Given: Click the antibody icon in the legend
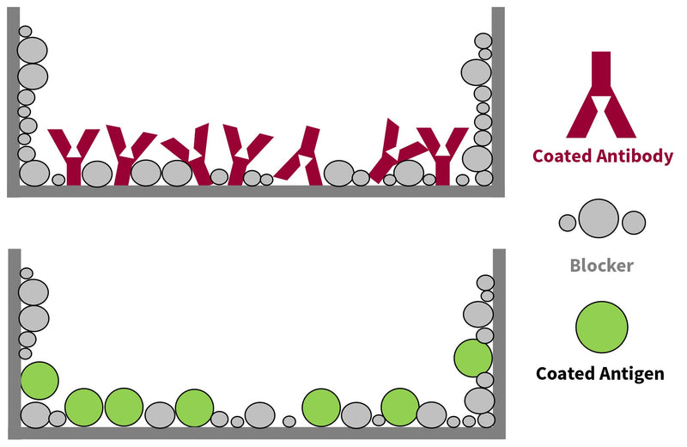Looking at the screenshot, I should [x=601, y=99].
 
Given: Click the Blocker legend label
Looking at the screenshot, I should [x=601, y=265].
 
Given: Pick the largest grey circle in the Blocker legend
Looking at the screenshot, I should [x=599, y=218].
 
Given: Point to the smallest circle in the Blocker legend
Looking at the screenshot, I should [x=568, y=223].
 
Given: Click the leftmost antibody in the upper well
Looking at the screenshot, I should [x=73, y=155].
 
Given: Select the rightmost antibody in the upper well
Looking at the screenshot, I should [x=444, y=155].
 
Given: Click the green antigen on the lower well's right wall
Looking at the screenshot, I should [x=472, y=358].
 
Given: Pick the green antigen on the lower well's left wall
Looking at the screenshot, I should [x=39, y=380].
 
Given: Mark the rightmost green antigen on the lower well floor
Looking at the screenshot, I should [x=399, y=407].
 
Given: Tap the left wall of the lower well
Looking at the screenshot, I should [x=14, y=344].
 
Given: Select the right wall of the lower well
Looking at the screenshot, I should [x=499, y=344].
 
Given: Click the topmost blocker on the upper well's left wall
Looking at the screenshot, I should [x=26, y=32].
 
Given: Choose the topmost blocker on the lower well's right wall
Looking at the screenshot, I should [x=485, y=282].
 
